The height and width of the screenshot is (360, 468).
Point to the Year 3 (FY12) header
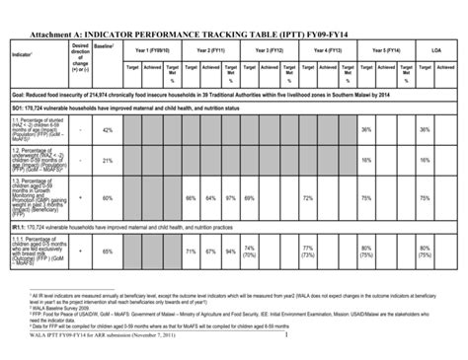pyautogui.click(x=266, y=50)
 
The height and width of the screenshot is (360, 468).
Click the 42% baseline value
pyautogui.click(x=108, y=130)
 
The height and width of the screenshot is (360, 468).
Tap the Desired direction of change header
pyautogui.click(x=80, y=58)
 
